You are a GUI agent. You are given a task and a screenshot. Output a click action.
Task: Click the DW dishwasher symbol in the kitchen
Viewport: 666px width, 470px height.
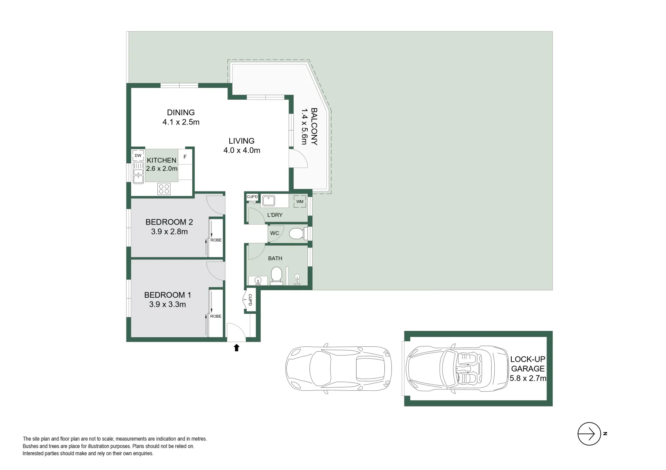click(x=138, y=155)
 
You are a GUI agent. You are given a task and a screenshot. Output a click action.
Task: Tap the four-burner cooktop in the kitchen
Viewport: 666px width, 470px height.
click(x=164, y=189)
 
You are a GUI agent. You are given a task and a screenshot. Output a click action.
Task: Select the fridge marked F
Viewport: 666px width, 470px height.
click(x=185, y=157)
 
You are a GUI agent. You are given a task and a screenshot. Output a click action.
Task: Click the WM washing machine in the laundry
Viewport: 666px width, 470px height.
click(x=300, y=201)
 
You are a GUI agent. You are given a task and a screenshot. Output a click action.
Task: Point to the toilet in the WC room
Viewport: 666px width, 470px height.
click(x=297, y=234)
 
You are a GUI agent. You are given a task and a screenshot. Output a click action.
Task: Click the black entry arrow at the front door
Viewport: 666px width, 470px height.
click(x=237, y=347)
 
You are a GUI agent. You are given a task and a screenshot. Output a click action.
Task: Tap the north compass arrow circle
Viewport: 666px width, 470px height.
click(x=589, y=434)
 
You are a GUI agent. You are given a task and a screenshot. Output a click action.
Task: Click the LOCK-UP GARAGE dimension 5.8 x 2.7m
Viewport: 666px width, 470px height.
click(x=528, y=378)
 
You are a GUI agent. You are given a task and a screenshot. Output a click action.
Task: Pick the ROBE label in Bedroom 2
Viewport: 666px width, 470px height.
click(x=216, y=240)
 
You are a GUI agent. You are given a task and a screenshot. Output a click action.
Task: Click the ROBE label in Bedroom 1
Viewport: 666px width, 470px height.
click(x=216, y=316)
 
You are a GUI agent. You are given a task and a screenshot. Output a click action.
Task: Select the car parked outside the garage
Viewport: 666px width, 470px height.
click(x=339, y=369)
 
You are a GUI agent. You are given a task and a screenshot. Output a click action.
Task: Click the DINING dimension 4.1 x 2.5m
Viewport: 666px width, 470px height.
click(x=181, y=122)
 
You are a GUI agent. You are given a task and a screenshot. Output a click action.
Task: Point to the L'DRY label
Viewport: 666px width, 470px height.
click(x=275, y=215)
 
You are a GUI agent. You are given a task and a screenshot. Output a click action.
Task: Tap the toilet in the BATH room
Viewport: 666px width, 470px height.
click(x=276, y=276)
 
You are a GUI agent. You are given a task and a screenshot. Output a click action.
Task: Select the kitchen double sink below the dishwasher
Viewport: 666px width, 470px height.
click(x=138, y=173)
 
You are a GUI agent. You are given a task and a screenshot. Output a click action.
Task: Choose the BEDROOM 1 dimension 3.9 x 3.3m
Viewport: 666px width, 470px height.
click(x=167, y=305)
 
